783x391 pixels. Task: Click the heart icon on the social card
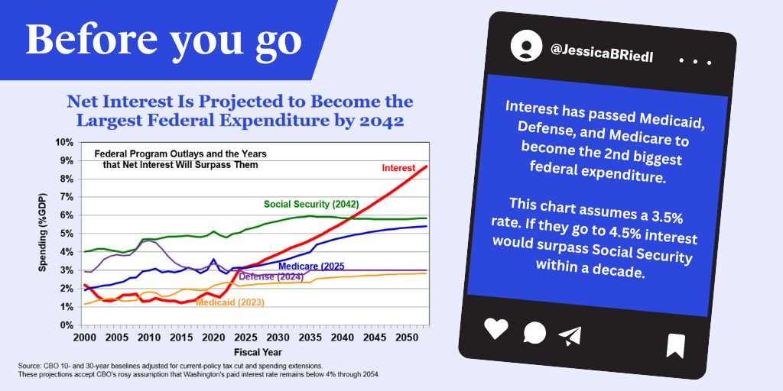pyautogui.click(x=495, y=328)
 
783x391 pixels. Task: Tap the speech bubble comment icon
pyautogui.click(x=534, y=333)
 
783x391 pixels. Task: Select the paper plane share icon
pyautogui.click(x=570, y=337)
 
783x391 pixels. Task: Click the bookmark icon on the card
pyautogui.click(x=676, y=346)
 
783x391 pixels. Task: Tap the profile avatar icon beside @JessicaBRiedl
pyautogui.click(x=526, y=46)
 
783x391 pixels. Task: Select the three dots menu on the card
pyautogui.click(x=695, y=61)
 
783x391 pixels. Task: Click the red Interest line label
pyautogui.click(x=398, y=168)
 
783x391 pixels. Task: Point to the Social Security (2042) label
pyautogui.click(x=311, y=204)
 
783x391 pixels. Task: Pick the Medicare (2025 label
pyautogui.click(x=311, y=266)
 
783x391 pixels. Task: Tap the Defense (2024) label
pyautogui.click(x=271, y=276)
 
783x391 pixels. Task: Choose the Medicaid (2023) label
pyautogui.click(x=230, y=302)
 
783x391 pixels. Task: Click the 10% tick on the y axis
pyautogui.click(x=63, y=142)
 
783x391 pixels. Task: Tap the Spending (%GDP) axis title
pyautogui.click(x=43, y=232)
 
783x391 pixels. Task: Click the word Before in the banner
pyautogui.click(x=92, y=39)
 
